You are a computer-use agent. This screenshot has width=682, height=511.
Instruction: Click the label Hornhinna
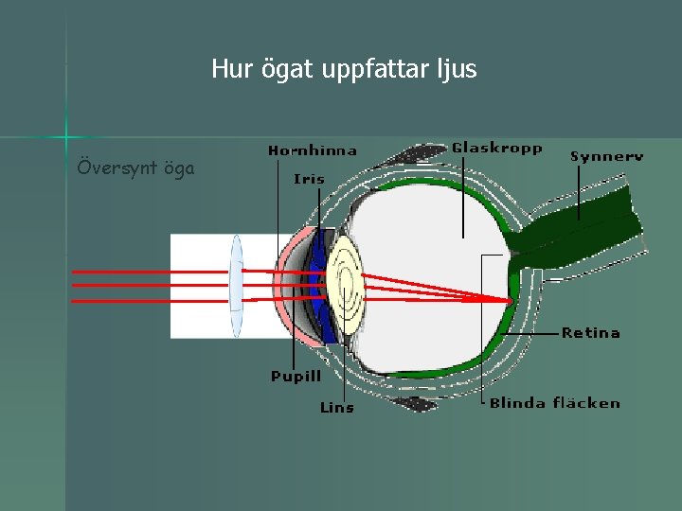[313, 150]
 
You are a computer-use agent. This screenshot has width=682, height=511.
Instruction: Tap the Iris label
[309, 178]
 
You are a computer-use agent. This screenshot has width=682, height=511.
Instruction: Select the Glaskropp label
[497, 148]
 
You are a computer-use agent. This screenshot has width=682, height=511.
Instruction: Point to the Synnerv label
[606, 156]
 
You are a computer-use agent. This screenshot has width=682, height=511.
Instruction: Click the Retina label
[590, 333]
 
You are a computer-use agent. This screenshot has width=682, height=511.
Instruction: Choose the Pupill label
[296, 377]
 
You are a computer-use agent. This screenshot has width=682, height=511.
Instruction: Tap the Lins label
[336, 408]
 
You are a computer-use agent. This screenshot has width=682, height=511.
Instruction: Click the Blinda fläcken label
[554, 403]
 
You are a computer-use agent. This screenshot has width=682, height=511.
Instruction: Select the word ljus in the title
[456, 69]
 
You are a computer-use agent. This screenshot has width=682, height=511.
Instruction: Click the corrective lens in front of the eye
[236, 285]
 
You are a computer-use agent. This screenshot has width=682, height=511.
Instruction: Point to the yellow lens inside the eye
[347, 284]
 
